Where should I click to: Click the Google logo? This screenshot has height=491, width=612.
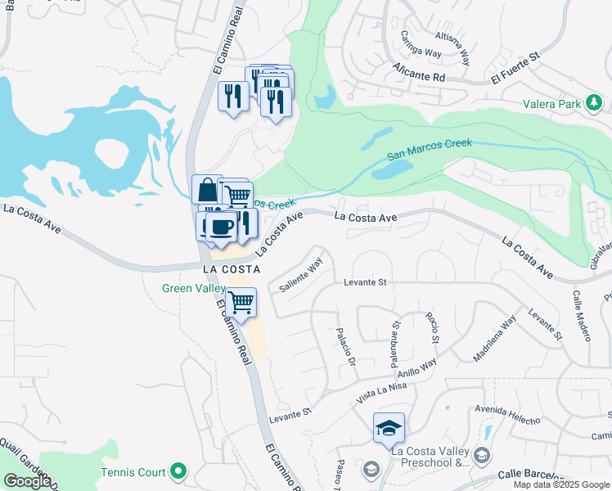[27, 481]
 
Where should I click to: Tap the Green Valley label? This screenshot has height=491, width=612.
[194, 288]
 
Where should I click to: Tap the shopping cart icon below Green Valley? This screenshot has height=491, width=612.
[241, 301]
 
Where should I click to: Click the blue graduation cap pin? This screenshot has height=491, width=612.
[389, 426]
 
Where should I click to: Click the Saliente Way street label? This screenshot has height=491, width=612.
[301, 275]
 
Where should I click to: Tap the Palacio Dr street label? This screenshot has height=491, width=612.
[344, 348]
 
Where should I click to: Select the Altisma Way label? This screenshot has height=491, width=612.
[452, 48]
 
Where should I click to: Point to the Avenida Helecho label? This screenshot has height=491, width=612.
[507, 415]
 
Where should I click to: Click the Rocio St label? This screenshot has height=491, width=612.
[431, 328]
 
